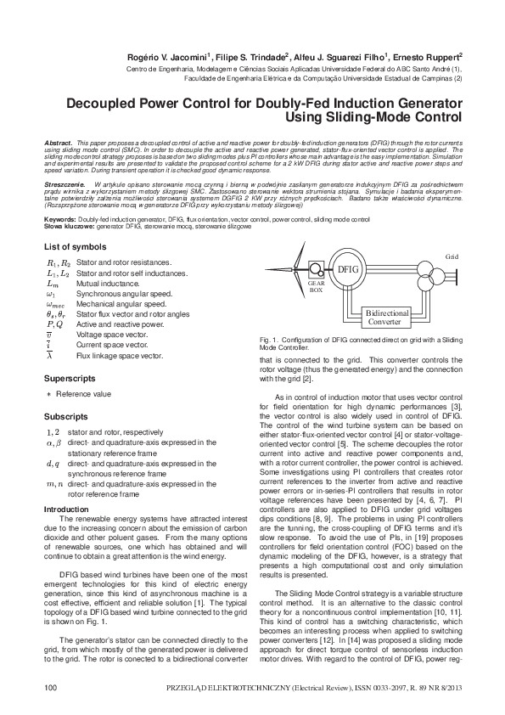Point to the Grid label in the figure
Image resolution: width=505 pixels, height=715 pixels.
pyautogui.click(x=452, y=255)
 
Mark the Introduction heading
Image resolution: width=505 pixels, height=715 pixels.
pyautogui.click(x=65, y=509)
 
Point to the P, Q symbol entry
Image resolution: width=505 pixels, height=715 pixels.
pyautogui.click(x=53, y=324)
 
